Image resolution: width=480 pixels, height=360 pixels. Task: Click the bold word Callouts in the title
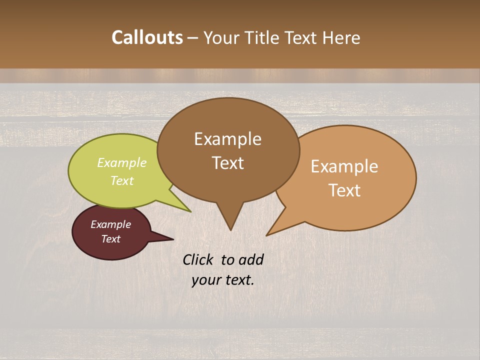pyautogui.click(x=147, y=37)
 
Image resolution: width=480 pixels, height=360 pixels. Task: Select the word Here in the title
pyautogui.click(x=341, y=37)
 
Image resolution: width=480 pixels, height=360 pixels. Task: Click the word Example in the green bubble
pyautogui.click(x=122, y=163)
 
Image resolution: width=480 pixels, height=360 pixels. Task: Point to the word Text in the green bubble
pyautogui.click(x=122, y=180)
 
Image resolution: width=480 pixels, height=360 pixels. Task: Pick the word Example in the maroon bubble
pyautogui.click(x=110, y=224)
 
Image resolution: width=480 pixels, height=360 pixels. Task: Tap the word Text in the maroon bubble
pyautogui.click(x=110, y=239)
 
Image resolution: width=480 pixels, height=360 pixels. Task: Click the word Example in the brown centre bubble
pyautogui.click(x=227, y=138)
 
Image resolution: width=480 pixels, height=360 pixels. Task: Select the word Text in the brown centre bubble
pyautogui.click(x=227, y=162)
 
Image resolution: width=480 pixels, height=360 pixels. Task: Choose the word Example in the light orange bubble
pyautogui.click(x=344, y=166)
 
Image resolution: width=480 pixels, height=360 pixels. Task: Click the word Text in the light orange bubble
pyautogui.click(x=344, y=190)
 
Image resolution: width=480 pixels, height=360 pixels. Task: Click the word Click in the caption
pyautogui.click(x=198, y=260)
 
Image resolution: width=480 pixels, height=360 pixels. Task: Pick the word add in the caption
pyautogui.click(x=251, y=260)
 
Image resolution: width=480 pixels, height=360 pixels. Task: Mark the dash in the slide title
pyautogui.click(x=193, y=38)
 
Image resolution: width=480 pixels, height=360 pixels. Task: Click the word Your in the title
pyautogui.click(x=222, y=37)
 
